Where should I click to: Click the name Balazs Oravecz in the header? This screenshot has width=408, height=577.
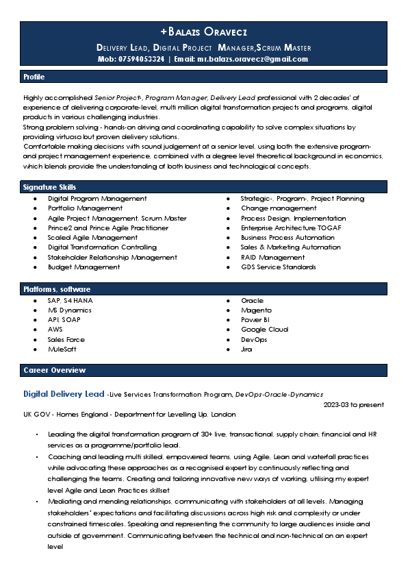tap(204, 32)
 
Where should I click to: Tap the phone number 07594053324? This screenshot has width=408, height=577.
tap(141, 59)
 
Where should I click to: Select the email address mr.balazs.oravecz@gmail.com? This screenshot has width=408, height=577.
tap(253, 59)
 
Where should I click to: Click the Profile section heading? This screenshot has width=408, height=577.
tap(34, 77)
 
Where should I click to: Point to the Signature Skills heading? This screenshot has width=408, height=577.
tap(49, 187)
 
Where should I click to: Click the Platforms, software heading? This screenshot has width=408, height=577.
tap(57, 289)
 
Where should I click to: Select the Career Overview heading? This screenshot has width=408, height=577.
tap(55, 370)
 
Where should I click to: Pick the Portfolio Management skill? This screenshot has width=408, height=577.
tap(85, 208)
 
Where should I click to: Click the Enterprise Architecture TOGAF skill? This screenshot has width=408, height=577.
tap(291, 228)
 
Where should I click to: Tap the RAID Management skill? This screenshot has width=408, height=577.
tap(272, 257)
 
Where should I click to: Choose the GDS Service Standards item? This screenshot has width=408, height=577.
tap(278, 267)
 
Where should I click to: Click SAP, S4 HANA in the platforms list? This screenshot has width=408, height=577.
tap(69, 301)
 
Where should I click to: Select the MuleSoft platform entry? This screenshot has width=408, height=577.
tap(62, 349)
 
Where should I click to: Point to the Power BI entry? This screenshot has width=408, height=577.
tap(255, 320)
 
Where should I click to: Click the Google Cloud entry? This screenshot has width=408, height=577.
tap(264, 330)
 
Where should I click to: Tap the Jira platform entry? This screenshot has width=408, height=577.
tap(246, 349)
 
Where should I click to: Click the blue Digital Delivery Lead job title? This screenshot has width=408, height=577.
tap(64, 394)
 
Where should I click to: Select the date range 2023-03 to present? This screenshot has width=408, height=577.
tap(353, 405)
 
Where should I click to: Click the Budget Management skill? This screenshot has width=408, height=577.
tap(84, 267)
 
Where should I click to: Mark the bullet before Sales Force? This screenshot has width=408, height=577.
tap(36, 340)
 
